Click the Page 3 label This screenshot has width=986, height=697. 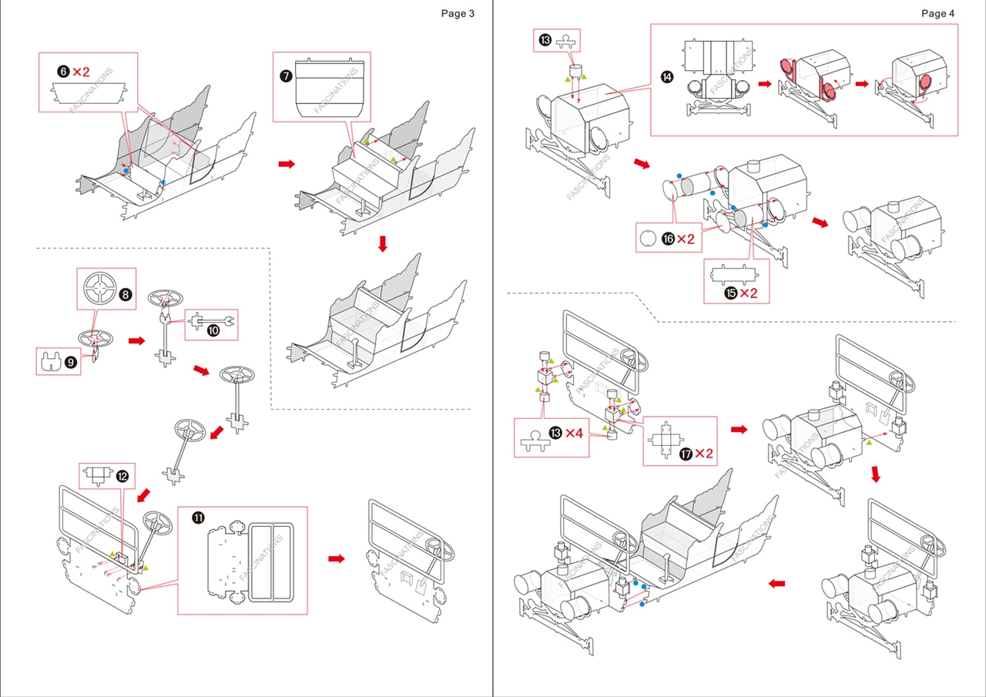point(458,13)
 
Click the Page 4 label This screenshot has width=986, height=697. point(937,13)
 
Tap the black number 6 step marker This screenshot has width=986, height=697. point(63,72)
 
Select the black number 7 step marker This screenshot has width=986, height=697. point(286,75)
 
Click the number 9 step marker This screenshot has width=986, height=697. point(70,362)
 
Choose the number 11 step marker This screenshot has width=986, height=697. point(198,518)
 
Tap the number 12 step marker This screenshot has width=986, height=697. point(122,477)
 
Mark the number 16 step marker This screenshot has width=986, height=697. point(668,239)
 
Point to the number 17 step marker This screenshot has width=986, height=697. point(686,453)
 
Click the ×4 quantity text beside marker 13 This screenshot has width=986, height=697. point(574,433)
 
